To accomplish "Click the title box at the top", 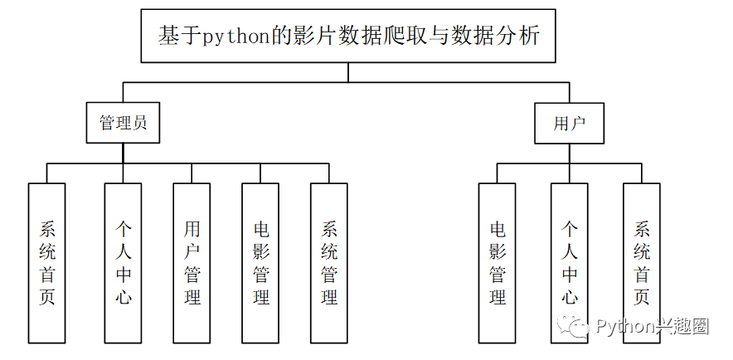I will pos(348,36).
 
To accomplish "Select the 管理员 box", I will pos(124,124).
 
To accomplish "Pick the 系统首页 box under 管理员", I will pos(47,263).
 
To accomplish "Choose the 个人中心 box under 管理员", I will pos(123,263).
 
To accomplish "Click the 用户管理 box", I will pos(192,263).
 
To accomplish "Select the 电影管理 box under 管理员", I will pos(260,263).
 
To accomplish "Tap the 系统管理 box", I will pos(329,263).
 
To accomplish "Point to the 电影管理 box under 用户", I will pos(498,263).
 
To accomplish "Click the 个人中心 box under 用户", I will pos(570,263).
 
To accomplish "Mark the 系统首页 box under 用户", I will pos(642,263).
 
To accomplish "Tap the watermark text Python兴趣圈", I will pos(652,326).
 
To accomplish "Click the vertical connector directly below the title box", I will pos(348,72).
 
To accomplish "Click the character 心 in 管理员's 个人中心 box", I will pos(123,296).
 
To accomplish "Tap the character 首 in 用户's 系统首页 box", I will pos(642,275).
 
